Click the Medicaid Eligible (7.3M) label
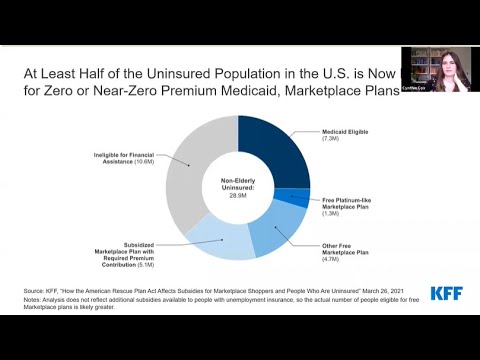point(342,135)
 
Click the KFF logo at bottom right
point(445,293)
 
